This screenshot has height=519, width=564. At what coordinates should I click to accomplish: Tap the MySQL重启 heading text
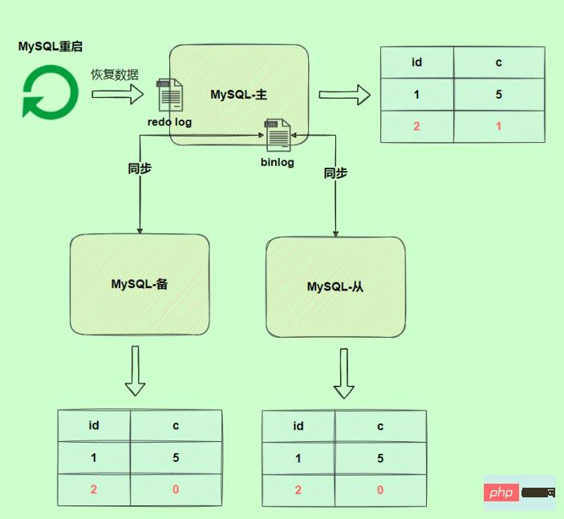51,46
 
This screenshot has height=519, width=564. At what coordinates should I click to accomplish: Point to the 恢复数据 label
114,75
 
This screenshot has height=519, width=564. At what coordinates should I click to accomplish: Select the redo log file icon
169,95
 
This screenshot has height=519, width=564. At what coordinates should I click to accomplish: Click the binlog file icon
278,135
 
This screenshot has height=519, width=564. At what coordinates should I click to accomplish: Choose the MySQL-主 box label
238,95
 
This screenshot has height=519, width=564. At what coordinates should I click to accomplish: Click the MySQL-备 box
139,284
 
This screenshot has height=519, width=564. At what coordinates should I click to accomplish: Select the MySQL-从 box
335,286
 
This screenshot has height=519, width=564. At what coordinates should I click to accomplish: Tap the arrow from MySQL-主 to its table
344,95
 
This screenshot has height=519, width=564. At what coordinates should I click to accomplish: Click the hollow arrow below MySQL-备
136,371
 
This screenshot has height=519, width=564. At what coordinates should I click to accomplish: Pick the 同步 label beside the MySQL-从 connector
335,172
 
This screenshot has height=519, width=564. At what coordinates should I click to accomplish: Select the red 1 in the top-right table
499,126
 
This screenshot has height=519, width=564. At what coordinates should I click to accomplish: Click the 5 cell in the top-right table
499,94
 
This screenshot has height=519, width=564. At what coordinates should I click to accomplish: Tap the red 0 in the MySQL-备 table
176,489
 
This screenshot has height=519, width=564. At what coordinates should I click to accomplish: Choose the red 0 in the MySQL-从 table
380,489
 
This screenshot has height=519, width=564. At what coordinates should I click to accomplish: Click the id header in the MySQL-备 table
94,425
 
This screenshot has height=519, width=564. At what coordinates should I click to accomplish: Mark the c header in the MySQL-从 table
380,426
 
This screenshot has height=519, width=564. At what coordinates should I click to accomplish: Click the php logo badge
501,493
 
